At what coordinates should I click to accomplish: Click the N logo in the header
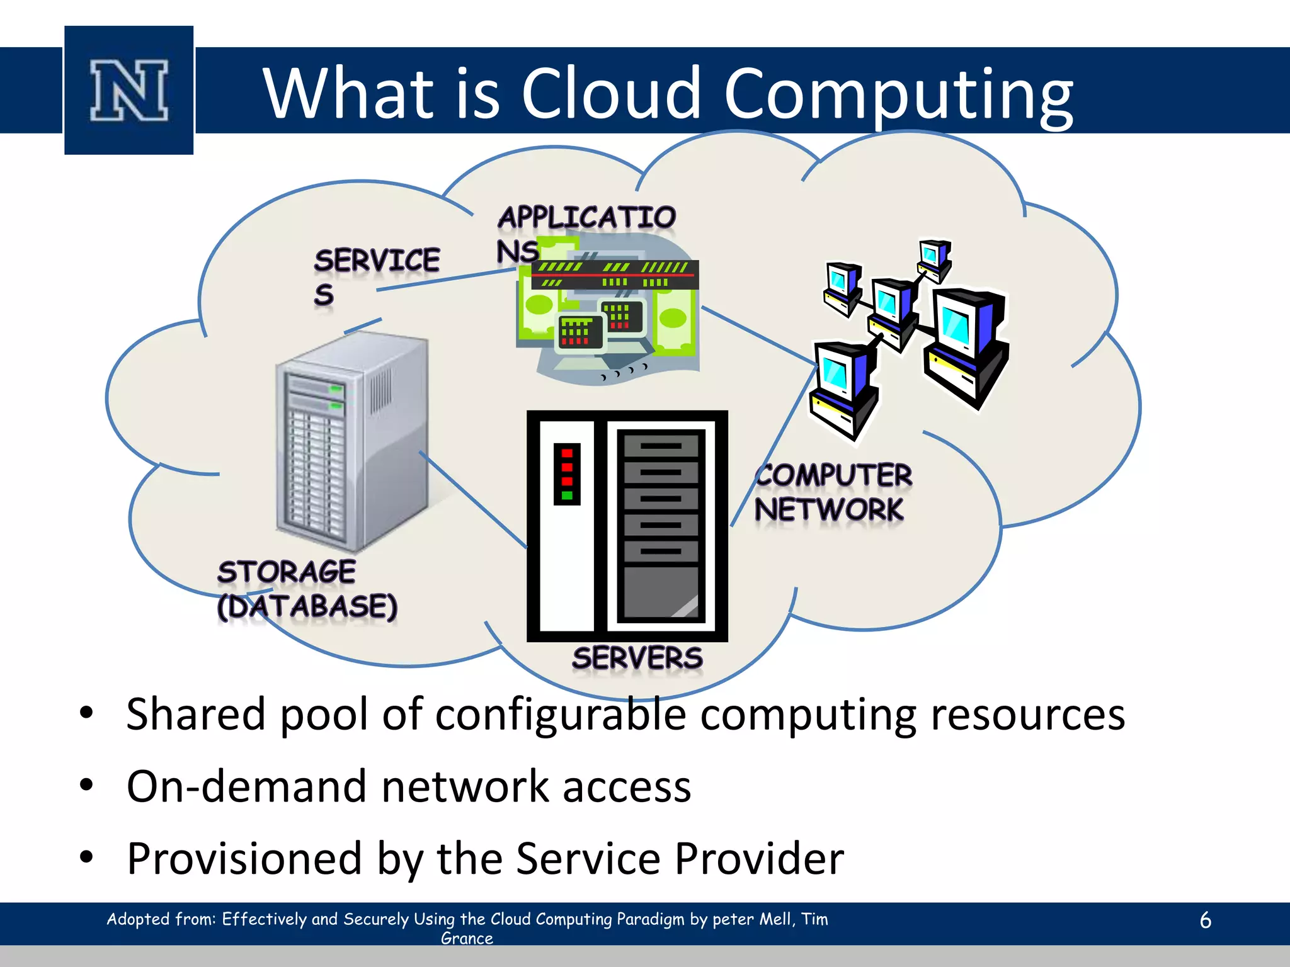tap(129, 90)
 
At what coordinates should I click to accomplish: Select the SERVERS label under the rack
tap(637, 659)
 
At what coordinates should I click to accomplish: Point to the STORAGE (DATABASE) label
tap(307, 589)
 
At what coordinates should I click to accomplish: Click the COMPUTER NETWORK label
tap(833, 492)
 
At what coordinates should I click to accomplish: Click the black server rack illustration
tap(627, 526)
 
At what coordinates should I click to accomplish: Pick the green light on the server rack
tap(567, 495)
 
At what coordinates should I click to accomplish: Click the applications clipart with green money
tap(608, 308)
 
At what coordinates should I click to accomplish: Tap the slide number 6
tap(1205, 920)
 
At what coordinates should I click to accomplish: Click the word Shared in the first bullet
tap(196, 715)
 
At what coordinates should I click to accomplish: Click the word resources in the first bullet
tap(1027, 715)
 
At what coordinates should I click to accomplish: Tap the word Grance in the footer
tap(467, 939)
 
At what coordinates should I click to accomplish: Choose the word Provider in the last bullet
tap(759, 859)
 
